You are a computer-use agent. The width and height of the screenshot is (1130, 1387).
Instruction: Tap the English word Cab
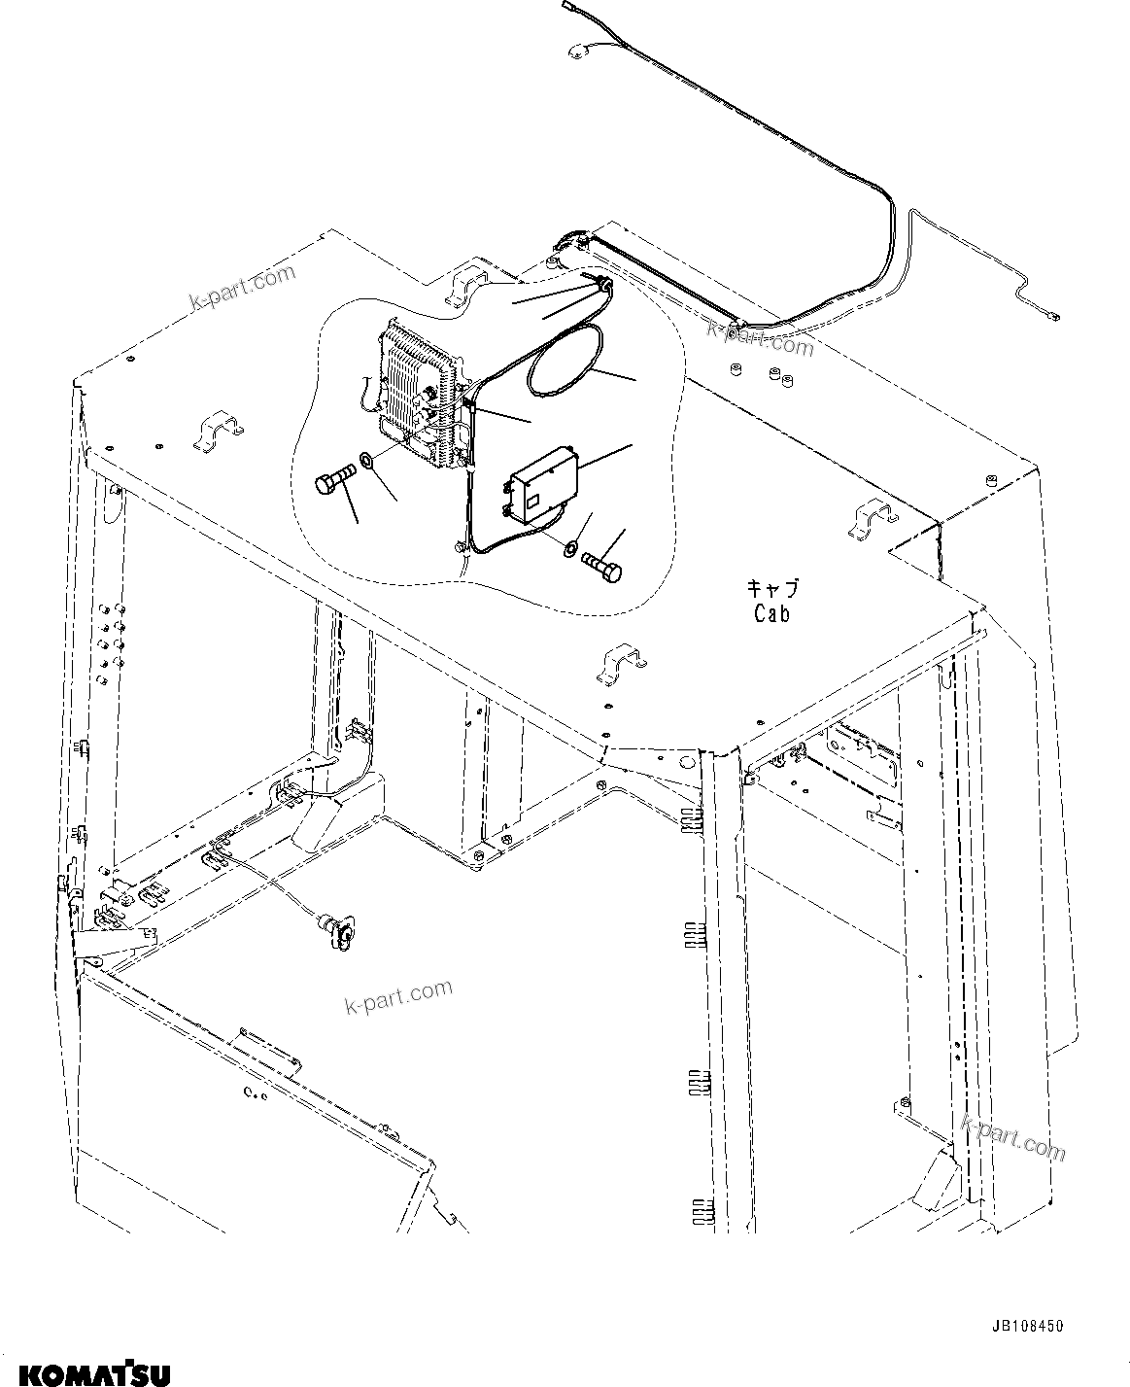click(x=771, y=613)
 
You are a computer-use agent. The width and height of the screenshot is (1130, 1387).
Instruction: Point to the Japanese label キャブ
click(x=772, y=589)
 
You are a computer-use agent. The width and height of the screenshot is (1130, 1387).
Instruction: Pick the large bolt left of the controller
click(x=331, y=482)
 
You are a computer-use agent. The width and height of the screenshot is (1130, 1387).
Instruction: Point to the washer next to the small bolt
click(x=569, y=550)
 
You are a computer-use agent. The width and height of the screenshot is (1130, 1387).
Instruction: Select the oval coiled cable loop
click(x=564, y=362)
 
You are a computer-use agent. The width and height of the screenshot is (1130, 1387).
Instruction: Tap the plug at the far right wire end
click(x=1053, y=314)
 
